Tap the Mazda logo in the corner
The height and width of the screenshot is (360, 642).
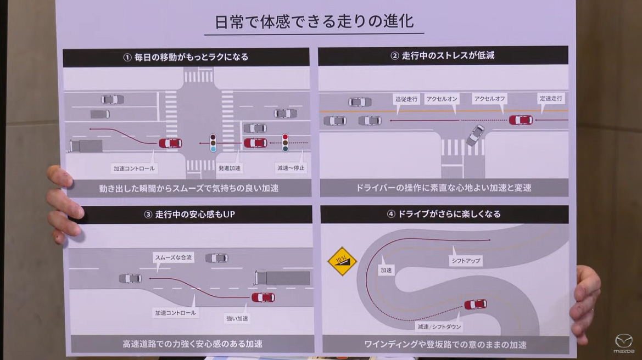point(623,343)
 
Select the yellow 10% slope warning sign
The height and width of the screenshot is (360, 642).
point(342,261)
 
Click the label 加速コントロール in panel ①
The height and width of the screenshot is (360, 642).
point(133,168)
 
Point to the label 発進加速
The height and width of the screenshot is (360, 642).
point(229,168)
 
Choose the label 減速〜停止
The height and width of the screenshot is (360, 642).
point(291,168)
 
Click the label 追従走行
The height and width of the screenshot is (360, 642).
point(406,99)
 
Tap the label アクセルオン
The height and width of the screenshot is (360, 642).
point(442,99)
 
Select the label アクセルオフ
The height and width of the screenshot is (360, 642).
point(489,99)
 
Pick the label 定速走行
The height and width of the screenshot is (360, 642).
point(551,98)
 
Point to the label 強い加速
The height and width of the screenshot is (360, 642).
point(237,318)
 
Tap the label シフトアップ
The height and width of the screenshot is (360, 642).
point(465,261)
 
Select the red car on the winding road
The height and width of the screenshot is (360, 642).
point(475,304)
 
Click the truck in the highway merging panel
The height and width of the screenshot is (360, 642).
point(282,278)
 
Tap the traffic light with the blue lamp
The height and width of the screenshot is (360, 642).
point(213,143)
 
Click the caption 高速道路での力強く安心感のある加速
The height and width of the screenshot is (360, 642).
point(192,344)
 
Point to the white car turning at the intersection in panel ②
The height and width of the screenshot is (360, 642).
point(475,135)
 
